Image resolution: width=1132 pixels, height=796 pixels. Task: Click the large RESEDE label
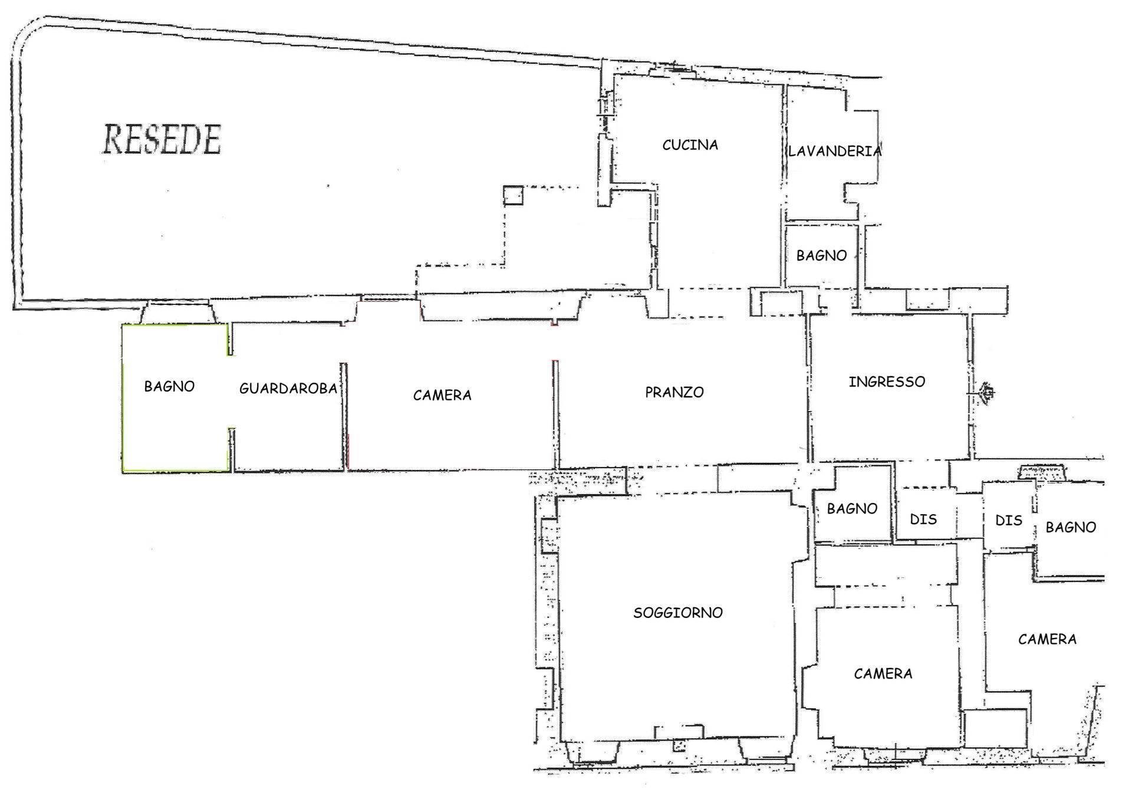click(162, 140)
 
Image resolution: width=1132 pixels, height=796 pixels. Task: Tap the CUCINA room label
click(690, 145)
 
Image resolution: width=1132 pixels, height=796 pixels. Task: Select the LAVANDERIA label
click(834, 152)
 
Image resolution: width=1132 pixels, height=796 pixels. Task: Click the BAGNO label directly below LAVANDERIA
click(821, 256)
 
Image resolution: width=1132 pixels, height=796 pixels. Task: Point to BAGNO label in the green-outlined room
click(169, 387)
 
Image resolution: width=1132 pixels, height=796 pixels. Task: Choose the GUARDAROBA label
click(288, 389)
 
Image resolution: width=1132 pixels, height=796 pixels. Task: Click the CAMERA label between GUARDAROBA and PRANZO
click(442, 396)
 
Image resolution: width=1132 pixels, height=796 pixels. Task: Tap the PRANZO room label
click(674, 393)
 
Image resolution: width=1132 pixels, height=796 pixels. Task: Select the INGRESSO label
click(887, 382)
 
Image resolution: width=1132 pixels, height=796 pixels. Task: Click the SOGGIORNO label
click(677, 613)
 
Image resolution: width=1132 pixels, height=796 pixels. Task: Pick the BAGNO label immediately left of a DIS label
click(852, 509)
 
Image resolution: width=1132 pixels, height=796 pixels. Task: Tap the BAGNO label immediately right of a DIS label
click(1071, 528)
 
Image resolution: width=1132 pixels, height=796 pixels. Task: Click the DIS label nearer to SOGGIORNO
click(923, 519)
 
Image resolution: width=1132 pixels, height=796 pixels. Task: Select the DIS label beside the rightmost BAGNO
click(1008, 521)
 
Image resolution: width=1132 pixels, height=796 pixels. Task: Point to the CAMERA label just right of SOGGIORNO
click(883, 674)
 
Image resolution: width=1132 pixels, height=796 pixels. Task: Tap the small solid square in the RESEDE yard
click(513, 195)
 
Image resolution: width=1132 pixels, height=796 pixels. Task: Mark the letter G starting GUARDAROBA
click(243, 389)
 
